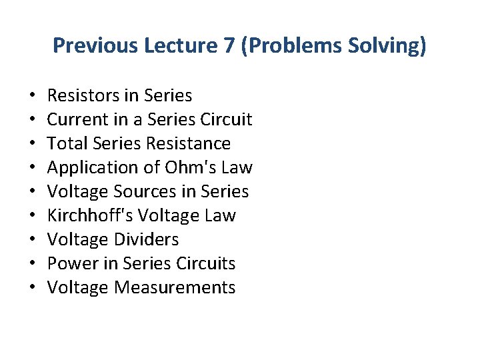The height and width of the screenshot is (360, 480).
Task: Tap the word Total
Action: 67,144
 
